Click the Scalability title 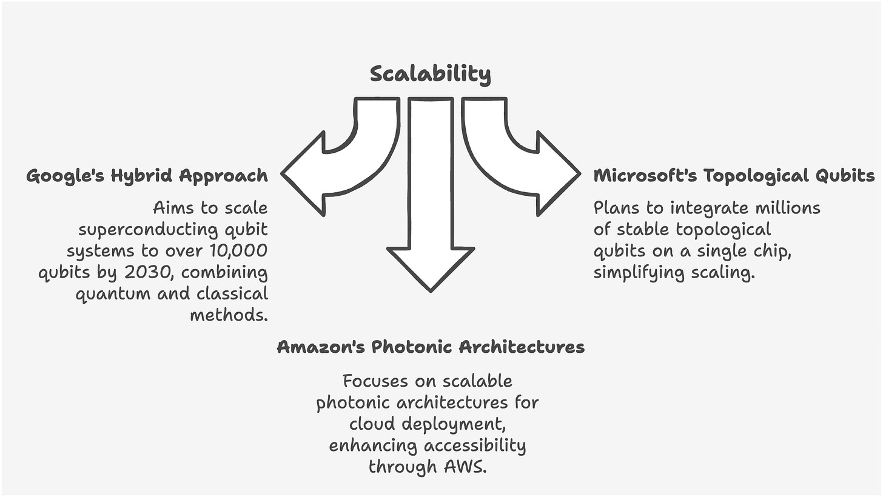click(x=430, y=73)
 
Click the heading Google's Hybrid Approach click(x=147, y=176)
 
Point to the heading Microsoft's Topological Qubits click(x=734, y=176)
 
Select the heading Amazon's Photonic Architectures click(x=431, y=347)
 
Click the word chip click(x=774, y=251)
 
